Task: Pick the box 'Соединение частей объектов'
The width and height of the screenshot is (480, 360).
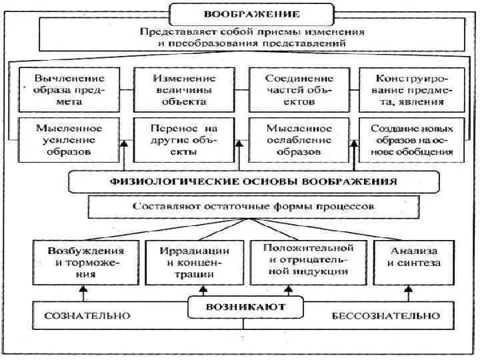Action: coord(296,90)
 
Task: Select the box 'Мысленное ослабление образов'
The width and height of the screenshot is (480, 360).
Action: coord(296,139)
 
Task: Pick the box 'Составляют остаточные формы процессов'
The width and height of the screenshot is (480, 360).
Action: coord(253,207)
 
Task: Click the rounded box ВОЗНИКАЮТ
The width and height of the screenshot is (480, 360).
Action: coord(245,307)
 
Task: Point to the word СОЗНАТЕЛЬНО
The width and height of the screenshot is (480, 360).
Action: coord(87,315)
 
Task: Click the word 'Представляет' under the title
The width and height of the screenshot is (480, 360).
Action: coord(169,31)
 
